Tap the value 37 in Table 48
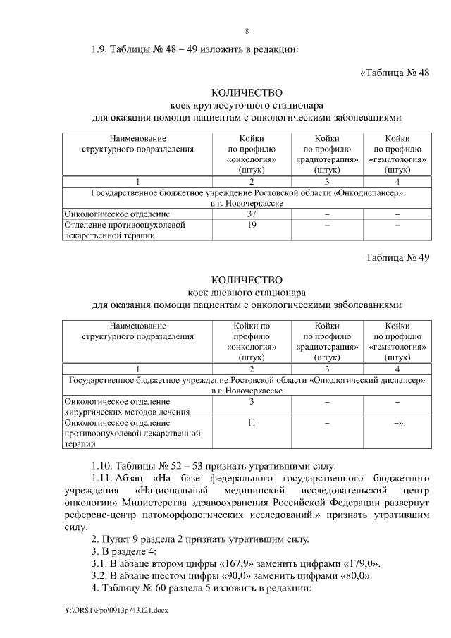251,213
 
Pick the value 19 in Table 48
251,225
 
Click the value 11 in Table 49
251,422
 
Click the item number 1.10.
104,466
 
